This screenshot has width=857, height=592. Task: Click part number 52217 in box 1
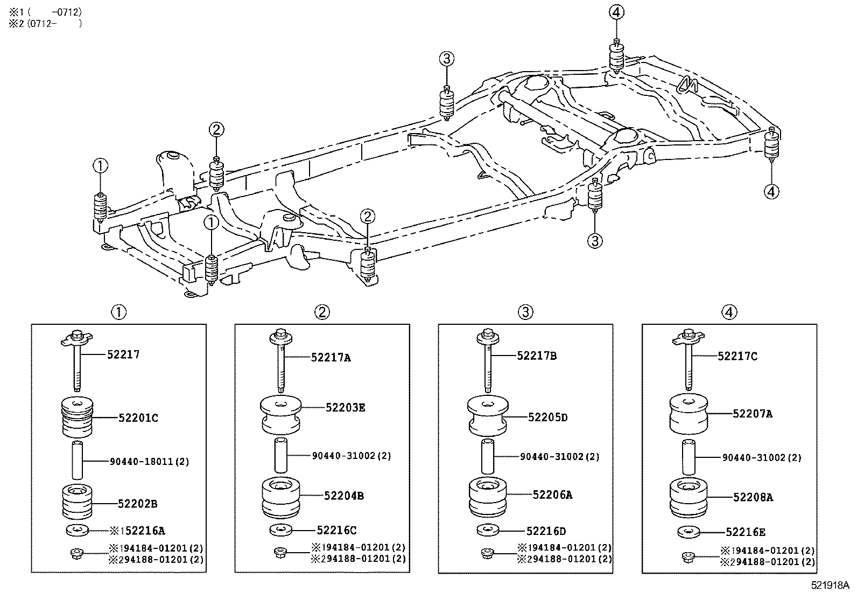click(123, 354)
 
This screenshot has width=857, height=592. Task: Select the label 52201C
click(138, 417)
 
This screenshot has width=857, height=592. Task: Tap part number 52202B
click(138, 504)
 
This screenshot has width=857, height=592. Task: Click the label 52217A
click(331, 357)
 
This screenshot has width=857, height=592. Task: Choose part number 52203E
click(345, 408)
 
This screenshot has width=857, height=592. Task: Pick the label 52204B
click(344, 496)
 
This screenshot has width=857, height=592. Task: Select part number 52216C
click(336, 531)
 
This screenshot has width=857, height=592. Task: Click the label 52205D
click(548, 417)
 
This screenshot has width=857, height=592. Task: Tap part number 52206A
click(552, 495)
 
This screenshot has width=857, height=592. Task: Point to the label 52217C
click(737, 356)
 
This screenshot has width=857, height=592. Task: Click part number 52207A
click(753, 414)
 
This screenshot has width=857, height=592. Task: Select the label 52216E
click(745, 532)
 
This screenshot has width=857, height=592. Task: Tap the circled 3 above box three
click(525, 311)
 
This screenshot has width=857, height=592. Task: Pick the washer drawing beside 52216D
click(487, 530)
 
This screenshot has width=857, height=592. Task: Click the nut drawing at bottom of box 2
click(279, 552)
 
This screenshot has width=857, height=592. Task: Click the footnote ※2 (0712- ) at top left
click(46, 23)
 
